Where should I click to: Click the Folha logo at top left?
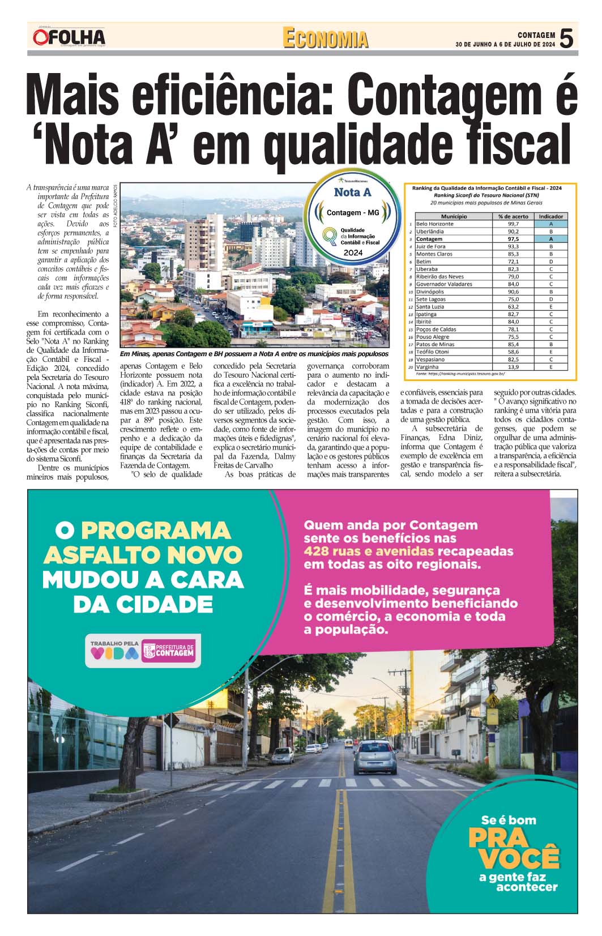69,37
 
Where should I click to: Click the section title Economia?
325,39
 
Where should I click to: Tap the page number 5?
566,39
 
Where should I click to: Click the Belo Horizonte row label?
434,224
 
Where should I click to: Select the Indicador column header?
550,216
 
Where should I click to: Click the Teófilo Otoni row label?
433,352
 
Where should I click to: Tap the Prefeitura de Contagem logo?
168,652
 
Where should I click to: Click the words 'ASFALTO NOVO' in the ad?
143,555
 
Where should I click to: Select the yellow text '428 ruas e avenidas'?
369,552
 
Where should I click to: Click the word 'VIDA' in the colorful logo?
114,653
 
